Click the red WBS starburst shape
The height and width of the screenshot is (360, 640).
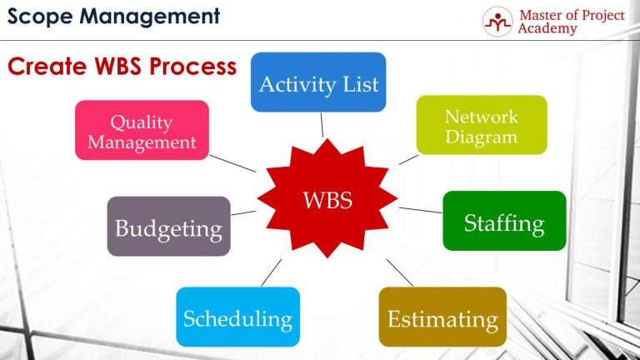327,200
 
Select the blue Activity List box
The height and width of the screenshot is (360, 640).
318,82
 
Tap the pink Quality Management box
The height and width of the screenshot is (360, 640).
142,131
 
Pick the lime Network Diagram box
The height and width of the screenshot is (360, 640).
482,125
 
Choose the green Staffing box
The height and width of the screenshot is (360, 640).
504,221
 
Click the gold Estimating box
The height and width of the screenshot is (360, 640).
442,317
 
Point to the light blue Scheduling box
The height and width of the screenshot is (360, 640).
237,317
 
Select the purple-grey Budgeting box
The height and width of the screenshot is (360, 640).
168,227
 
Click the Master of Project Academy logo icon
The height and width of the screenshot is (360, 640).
497,21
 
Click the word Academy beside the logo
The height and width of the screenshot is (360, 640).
547,28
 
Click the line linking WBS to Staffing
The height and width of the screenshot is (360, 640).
420,210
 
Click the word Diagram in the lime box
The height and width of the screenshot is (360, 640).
482,137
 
